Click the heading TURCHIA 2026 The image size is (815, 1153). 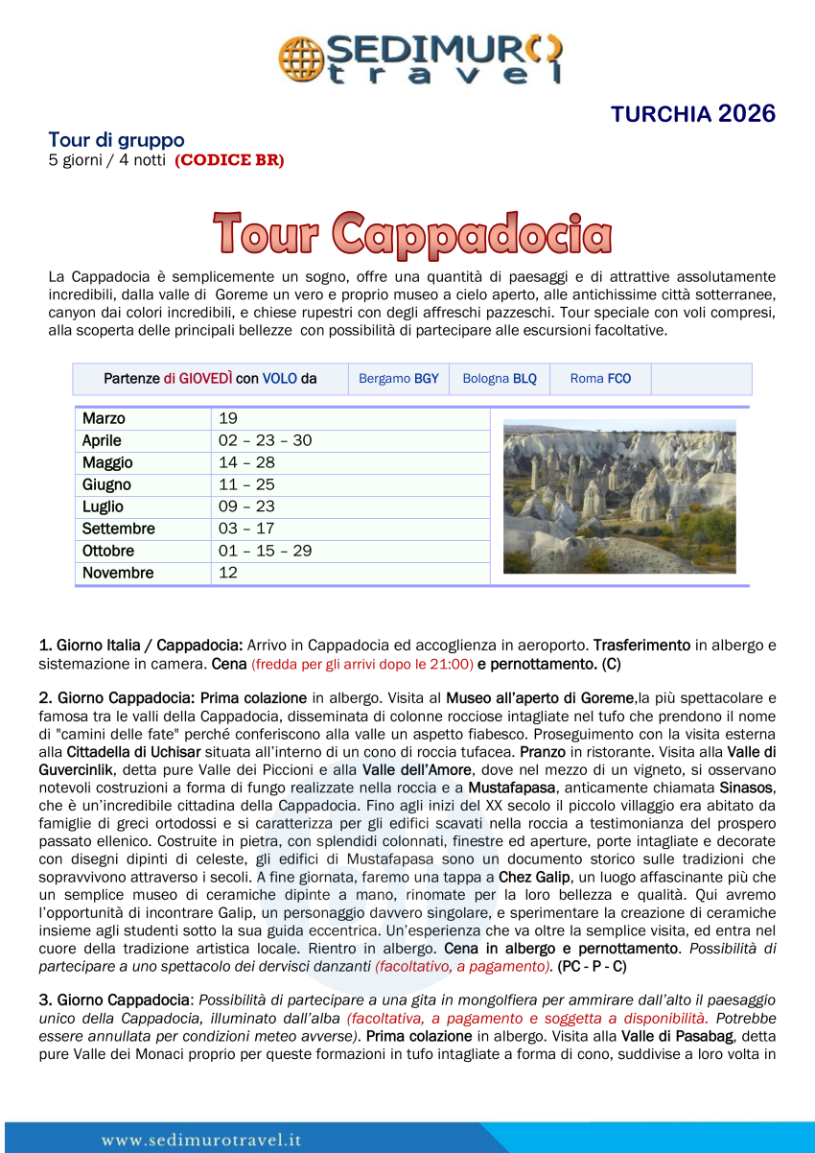click(x=692, y=114)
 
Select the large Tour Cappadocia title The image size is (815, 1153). click(x=412, y=234)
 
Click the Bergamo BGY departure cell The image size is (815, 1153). click(x=398, y=379)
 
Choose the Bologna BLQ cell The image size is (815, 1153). click(x=500, y=379)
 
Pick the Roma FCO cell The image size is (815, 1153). click(x=600, y=379)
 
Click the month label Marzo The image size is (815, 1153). click(x=104, y=418)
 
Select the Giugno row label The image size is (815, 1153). click(x=106, y=484)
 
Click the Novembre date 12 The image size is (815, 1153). click(x=228, y=573)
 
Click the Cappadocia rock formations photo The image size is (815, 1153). click(x=619, y=496)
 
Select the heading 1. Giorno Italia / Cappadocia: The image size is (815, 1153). click(x=140, y=645)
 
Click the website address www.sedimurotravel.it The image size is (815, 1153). click(x=201, y=1140)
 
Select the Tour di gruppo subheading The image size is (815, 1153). click(x=116, y=140)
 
